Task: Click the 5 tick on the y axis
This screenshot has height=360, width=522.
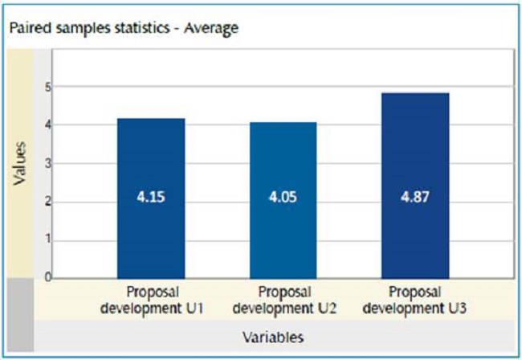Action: coord(47,87)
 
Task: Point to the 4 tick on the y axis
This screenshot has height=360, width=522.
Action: coord(47,125)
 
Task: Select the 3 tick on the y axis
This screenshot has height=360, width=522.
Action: coord(47,163)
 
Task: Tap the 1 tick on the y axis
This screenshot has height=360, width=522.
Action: coord(47,239)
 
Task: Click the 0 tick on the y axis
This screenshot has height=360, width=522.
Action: coord(47,277)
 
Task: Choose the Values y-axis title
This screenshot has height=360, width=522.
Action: coord(22,164)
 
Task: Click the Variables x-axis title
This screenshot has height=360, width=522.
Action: coord(273,337)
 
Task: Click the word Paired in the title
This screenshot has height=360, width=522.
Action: coord(26,29)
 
